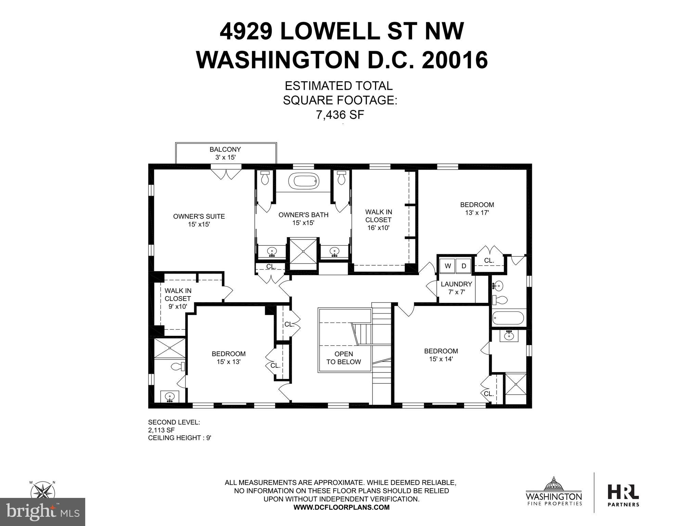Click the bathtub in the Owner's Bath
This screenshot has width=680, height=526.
click(304, 181)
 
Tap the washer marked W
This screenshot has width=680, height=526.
click(448, 266)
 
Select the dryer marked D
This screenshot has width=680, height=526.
click(464, 266)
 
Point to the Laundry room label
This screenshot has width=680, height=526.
click(456, 288)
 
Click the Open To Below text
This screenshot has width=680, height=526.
click(344, 358)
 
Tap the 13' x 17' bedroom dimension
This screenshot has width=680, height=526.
click(477, 212)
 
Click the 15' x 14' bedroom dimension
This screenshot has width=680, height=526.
click(441, 359)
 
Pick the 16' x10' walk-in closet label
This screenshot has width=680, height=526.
click(378, 228)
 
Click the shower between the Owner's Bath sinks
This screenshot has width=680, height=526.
click(304, 251)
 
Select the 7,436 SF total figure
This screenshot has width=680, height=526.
click(340, 115)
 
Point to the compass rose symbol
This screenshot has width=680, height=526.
click(43, 490)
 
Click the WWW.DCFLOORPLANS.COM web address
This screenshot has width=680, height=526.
click(341, 507)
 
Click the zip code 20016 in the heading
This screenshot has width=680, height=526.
click(455, 60)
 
